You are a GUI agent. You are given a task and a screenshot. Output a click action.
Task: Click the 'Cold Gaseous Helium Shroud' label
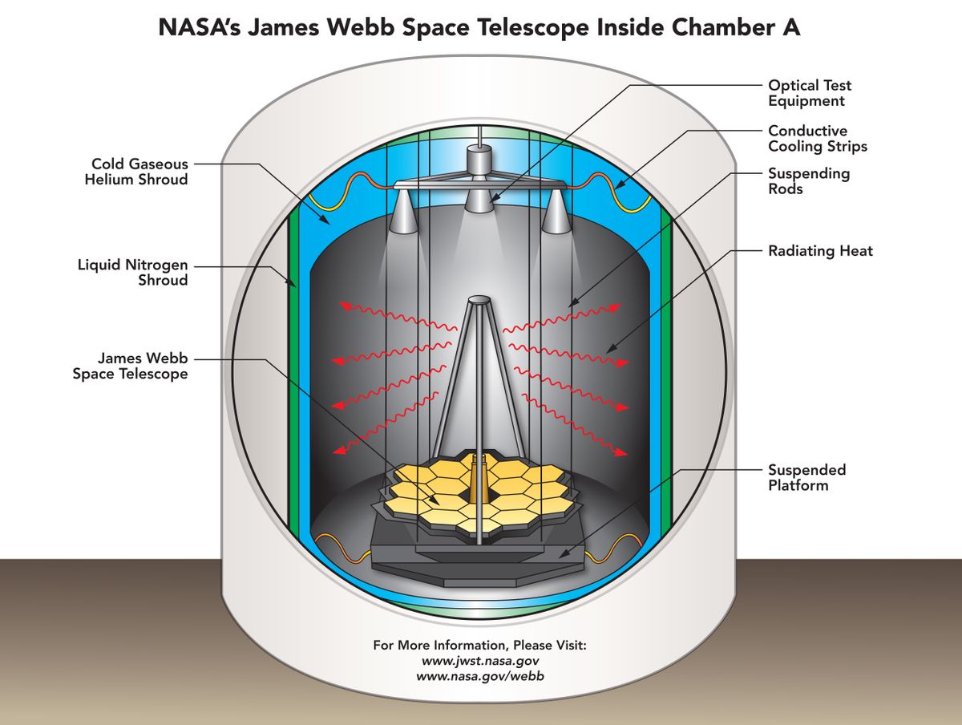(136, 172)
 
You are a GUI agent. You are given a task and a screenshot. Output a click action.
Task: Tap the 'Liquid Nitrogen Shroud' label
(133, 272)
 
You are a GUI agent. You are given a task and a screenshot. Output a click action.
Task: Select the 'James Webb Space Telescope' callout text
(130, 367)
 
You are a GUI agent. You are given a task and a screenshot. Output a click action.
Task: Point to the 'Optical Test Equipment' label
(810, 93)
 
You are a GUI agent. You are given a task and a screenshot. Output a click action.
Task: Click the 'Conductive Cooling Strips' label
(818, 139)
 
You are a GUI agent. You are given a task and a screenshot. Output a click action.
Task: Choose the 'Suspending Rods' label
(808, 181)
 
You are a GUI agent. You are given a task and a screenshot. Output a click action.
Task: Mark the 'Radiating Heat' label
(820, 251)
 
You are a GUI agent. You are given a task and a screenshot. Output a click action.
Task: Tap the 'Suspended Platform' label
(806, 477)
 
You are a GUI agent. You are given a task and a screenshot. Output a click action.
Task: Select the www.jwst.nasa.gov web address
(480, 661)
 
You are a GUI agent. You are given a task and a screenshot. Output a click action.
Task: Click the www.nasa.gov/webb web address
(480, 676)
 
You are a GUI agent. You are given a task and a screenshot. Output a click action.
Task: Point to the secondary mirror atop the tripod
(479, 300)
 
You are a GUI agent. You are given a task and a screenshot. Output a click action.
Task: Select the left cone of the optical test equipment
(406, 213)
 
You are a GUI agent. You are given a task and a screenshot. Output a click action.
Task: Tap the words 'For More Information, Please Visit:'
(480, 645)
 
